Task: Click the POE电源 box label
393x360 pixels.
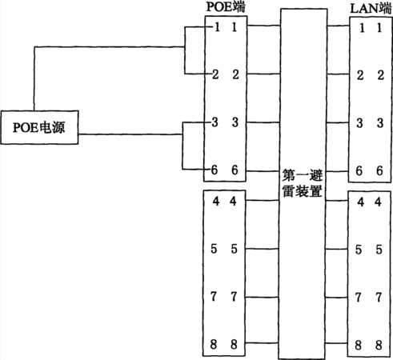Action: click(39, 127)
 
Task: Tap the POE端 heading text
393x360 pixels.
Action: click(226, 6)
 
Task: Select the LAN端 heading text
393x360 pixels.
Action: click(371, 8)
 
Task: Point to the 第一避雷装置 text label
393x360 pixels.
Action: click(303, 183)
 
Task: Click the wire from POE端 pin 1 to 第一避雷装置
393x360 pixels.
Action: click(263, 26)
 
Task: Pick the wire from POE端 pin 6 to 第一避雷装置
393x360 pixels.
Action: click(263, 170)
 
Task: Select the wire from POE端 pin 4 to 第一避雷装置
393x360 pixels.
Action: click(263, 200)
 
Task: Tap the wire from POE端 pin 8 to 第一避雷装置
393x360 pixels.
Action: click(262, 342)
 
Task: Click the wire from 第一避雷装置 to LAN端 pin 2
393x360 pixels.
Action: click(339, 74)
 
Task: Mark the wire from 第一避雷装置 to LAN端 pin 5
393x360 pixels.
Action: click(336, 250)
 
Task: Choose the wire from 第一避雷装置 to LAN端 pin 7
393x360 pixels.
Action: click(336, 298)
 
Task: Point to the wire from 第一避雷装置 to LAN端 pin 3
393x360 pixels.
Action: click(338, 122)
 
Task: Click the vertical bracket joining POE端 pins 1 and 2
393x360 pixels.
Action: click(185, 50)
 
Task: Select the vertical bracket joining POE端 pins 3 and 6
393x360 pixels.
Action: click(182, 146)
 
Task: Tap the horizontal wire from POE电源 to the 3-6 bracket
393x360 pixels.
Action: click(130, 134)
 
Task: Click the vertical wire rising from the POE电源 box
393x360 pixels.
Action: click(34, 78)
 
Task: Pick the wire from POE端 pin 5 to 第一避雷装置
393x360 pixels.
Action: click(262, 249)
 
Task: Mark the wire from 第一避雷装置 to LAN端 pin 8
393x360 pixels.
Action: click(336, 343)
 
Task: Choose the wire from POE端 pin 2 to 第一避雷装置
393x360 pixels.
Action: click(263, 74)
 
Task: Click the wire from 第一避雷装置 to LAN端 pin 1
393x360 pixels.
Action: click(339, 26)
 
